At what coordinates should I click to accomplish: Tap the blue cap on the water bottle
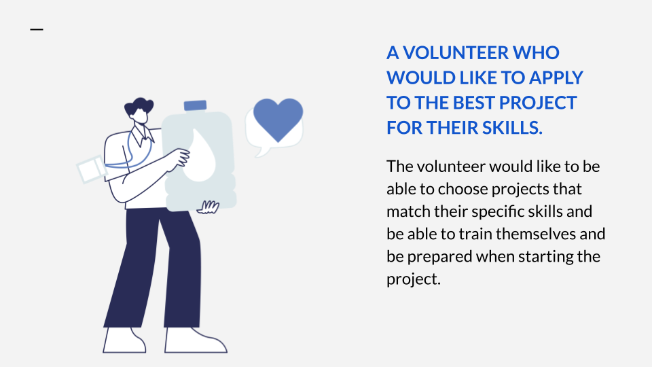click(196, 105)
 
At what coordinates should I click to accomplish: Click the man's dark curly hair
click(139, 106)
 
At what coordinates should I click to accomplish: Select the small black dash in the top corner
click(37, 29)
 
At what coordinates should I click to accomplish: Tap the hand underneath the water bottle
click(208, 207)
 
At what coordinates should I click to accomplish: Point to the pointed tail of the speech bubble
click(261, 151)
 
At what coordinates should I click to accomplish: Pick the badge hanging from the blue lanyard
click(92, 169)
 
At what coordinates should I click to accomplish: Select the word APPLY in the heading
click(556, 77)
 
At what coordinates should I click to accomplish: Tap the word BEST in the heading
click(473, 103)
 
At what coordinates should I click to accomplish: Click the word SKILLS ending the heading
click(512, 128)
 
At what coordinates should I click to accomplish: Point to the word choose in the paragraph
click(463, 190)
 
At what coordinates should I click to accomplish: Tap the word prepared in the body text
click(439, 257)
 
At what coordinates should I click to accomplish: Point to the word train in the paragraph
click(475, 234)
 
